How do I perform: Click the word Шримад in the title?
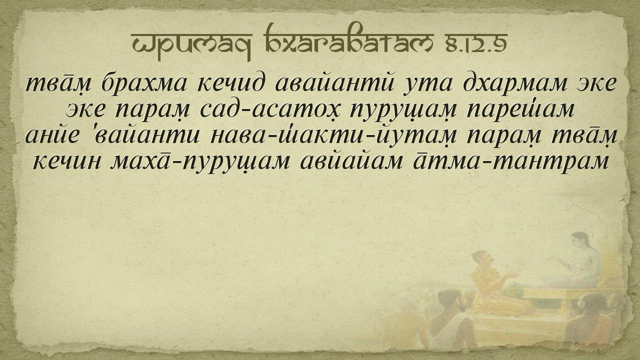click(x=191, y=43)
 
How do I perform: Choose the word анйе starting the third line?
click(x=51, y=135)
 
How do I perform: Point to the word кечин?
click(x=67, y=161)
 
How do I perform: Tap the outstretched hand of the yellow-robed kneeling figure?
click(x=511, y=275)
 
